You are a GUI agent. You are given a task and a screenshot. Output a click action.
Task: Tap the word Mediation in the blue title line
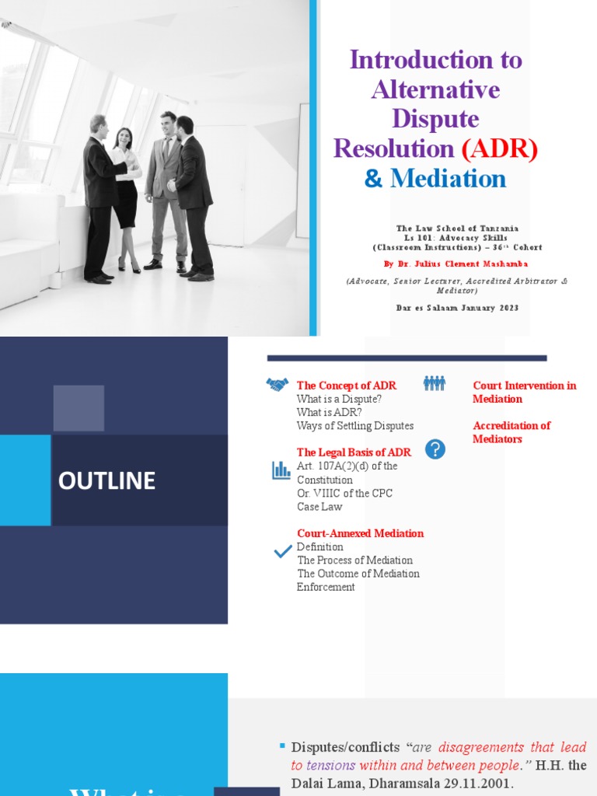pos(448,179)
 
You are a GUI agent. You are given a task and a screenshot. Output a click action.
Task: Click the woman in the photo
pos(126,198)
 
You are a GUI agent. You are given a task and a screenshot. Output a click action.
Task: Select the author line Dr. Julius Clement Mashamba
pos(456,264)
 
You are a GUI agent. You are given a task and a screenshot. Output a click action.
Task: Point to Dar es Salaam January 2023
pos(456,308)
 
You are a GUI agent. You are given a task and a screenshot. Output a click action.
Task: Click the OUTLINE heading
pos(106,481)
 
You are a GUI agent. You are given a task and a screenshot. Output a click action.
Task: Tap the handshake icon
pos(278,385)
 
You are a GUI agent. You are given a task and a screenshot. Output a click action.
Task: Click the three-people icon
pos(434,383)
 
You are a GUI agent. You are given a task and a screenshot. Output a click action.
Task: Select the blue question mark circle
pos(435,449)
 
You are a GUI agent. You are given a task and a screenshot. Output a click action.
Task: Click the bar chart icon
pos(281,470)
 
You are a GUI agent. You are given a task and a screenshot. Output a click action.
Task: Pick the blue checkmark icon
pos(283,553)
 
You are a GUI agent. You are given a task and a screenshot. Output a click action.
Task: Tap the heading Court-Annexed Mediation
pos(360,533)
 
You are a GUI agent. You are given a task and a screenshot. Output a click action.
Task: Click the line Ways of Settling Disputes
pos(354,426)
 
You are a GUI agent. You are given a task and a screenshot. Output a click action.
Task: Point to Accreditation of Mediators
pos(511,432)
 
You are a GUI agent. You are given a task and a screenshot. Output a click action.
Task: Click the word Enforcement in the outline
pos(326,587)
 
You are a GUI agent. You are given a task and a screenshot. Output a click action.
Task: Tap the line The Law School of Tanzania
pos(456,229)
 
